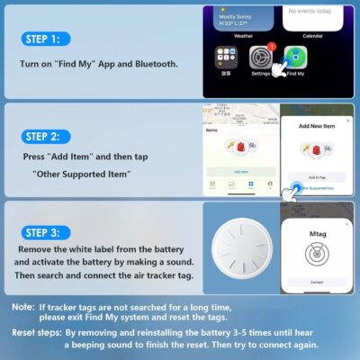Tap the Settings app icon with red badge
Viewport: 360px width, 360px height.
260,58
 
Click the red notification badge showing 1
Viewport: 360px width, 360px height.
271,47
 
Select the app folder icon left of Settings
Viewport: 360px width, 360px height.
227,58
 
